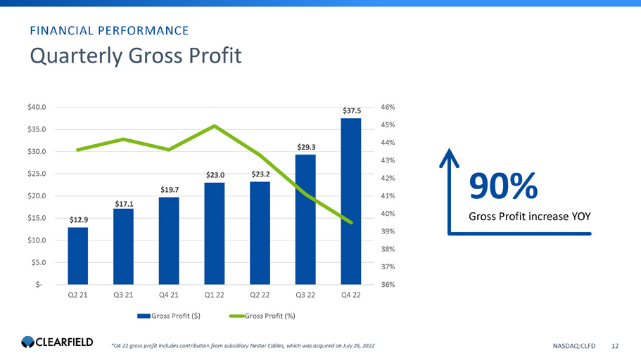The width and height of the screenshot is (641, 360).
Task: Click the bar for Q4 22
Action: pos(350,201)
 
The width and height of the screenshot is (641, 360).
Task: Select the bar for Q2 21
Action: pos(78,255)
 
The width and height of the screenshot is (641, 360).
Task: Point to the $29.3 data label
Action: pos(305,148)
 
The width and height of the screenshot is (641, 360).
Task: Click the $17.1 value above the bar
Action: pos(124,203)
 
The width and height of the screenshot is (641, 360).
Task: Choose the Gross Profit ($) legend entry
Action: pos(169,315)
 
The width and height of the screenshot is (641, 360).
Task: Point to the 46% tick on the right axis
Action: pos(388,107)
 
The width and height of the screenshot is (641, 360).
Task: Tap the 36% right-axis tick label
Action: pos(388,284)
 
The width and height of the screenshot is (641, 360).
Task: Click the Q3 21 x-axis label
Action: pos(123,295)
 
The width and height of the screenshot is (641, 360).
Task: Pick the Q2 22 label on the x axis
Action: pos(260,295)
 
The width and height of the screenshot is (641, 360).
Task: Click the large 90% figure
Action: pos(504,186)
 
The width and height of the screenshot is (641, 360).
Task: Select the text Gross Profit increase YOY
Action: pos(529,217)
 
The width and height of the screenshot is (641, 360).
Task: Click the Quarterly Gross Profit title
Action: pos(134,56)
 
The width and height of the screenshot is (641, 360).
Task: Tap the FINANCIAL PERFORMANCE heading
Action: pos(108,30)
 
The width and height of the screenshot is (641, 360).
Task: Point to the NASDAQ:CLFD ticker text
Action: pos(575,345)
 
